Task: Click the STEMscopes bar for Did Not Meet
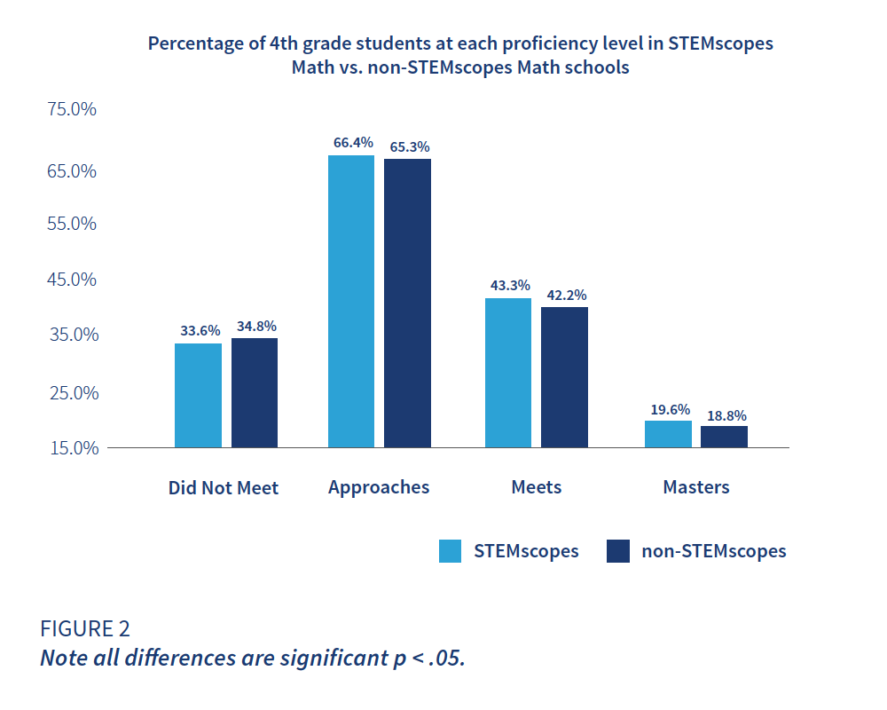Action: click(198, 395)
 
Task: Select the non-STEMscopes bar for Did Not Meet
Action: click(255, 392)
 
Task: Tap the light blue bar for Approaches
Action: click(351, 301)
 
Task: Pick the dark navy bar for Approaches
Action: click(407, 303)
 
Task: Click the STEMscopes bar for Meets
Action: click(508, 373)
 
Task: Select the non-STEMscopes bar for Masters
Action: click(724, 437)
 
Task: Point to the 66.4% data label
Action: click(352, 142)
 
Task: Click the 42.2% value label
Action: click(564, 296)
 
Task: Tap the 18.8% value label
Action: click(726, 414)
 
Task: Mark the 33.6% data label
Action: click(199, 330)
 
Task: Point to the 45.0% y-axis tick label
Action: click(72, 280)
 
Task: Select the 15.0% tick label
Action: click(72, 447)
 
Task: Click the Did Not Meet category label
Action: click(224, 488)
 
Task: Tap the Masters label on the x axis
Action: click(696, 487)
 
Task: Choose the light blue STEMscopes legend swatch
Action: click(451, 551)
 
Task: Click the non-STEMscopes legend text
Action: click(713, 551)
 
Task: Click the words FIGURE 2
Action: click(85, 628)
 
